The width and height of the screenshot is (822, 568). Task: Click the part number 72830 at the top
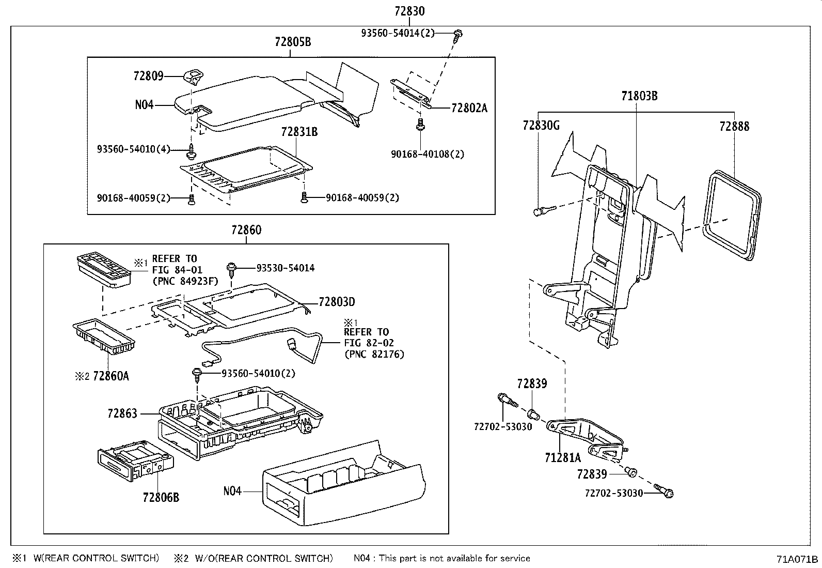pos(409,11)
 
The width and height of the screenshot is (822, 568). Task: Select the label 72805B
pos(293,42)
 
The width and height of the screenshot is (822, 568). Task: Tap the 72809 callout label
pos(148,76)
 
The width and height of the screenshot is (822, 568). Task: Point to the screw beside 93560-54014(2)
pos(457,36)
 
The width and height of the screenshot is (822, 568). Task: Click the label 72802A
pos(469,108)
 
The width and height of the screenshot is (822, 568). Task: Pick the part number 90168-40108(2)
pos(428,154)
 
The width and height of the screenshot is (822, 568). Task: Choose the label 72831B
pos(299,131)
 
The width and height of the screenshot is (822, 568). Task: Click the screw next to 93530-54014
pos(231,270)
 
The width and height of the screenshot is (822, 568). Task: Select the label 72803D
pos(337,302)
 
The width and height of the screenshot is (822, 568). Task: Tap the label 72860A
pos(111,376)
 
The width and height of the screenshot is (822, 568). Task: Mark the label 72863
pos(122,413)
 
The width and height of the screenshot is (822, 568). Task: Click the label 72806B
pos(161,498)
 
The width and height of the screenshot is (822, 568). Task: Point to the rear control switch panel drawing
pos(104,270)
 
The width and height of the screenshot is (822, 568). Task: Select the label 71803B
pos(639,96)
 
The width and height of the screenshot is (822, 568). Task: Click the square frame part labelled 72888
pos(732,216)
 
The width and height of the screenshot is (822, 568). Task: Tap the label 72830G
pos(541,126)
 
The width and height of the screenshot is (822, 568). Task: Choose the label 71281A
pos(563,458)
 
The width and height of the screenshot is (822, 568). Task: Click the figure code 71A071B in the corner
pos(797,559)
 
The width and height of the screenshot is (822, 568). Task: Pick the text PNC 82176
pos(374,354)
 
